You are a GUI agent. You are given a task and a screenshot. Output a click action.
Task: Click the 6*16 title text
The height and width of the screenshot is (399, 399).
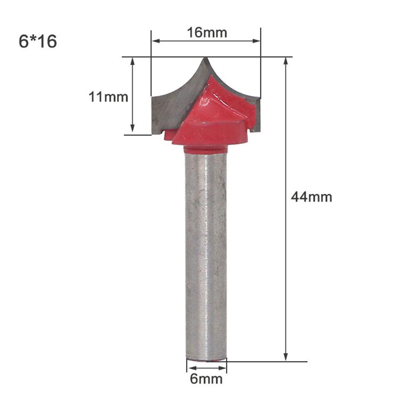pyautogui.click(x=38, y=41)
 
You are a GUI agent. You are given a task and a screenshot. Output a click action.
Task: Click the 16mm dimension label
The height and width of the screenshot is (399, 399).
pyautogui.click(x=207, y=32)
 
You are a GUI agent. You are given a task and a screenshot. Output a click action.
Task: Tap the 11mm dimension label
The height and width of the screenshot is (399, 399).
pyautogui.click(x=108, y=96)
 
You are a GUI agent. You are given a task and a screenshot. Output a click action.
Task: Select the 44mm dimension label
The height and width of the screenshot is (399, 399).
pyautogui.click(x=311, y=197)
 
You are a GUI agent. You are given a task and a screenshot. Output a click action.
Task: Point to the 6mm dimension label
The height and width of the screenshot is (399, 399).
pyautogui.click(x=206, y=378)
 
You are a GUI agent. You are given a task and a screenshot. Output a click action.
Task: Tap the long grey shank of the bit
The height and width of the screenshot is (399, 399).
pyautogui.click(x=206, y=251)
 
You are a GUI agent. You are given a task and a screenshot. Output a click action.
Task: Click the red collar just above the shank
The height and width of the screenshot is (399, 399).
pyautogui.click(x=206, y=150)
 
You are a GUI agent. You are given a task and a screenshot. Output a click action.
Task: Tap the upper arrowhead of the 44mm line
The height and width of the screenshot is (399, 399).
pyautogui.click(x=286, y=61)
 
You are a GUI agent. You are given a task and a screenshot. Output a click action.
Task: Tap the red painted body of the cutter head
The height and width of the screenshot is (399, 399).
pyautogui.click(x=215, y=120)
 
